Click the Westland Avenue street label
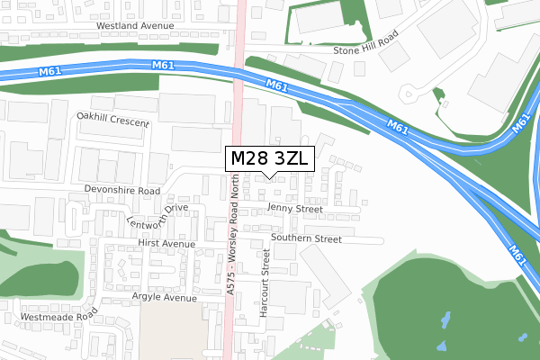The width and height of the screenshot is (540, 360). click(x=134, y=26)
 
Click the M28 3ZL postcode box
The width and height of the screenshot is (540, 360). click(x=270, y=158)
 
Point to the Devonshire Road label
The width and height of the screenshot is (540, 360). click(x=121, y=191)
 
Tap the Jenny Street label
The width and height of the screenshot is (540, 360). click(x=295, y=209)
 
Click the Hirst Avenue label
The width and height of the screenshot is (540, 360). click(x=166, y=244)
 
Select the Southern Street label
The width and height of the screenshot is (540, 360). click(x=306, y=239)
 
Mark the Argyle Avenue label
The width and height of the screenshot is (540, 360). click(x=139, y=297)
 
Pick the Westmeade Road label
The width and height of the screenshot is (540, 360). click(x=58, y=317)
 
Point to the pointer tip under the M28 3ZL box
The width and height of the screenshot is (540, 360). click(x=270, y=176)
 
